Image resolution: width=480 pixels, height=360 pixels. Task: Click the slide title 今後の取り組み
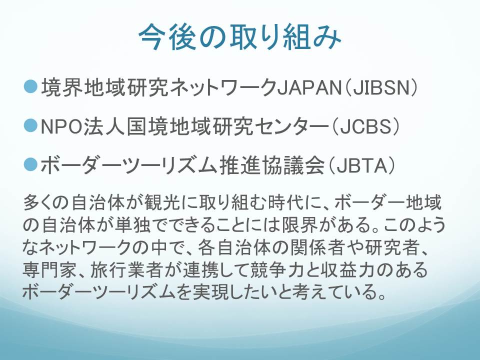pyautogui.click(x=240, y=37)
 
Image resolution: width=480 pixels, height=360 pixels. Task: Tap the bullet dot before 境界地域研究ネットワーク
pyautogui.click(x=30, y=87)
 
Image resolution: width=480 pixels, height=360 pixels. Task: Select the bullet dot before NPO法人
pyautogui.click(x=30, y=125)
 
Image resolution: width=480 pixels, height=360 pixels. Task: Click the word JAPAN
pyautogui.click(x=309, y=88)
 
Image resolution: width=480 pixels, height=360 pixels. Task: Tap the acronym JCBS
pyautogui.click(x=366, y=126)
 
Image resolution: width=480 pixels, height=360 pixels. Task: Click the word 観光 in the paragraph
pyautogui.click(x=162, y=202)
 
